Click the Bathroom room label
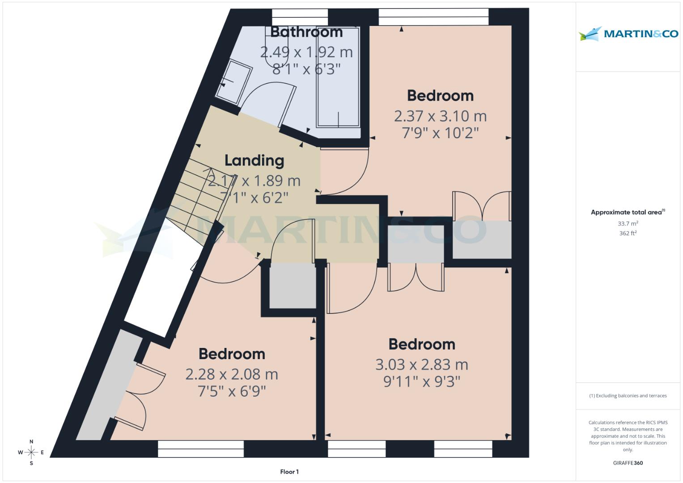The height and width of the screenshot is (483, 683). point(306,32)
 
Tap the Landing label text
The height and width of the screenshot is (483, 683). point(254,161)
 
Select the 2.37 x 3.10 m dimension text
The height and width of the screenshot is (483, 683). point(440,116)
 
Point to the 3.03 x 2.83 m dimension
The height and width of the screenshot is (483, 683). point(421,365)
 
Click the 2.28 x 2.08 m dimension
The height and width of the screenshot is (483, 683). point(232,374)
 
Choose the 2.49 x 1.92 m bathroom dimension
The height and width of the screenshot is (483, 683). point(306,52)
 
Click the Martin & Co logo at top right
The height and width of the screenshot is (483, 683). point(628,34)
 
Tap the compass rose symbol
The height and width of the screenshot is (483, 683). point(31,453)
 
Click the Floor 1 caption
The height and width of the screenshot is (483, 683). point(289,472)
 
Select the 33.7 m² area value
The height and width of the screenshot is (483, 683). point(628,224)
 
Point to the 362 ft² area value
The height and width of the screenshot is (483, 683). point(628,233)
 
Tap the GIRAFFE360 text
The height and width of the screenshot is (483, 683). point(628,463)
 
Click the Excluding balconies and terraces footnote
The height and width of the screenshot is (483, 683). point(628,396)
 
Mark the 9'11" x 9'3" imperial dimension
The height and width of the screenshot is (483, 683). point(421,382)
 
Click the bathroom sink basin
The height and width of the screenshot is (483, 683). point(233,80)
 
